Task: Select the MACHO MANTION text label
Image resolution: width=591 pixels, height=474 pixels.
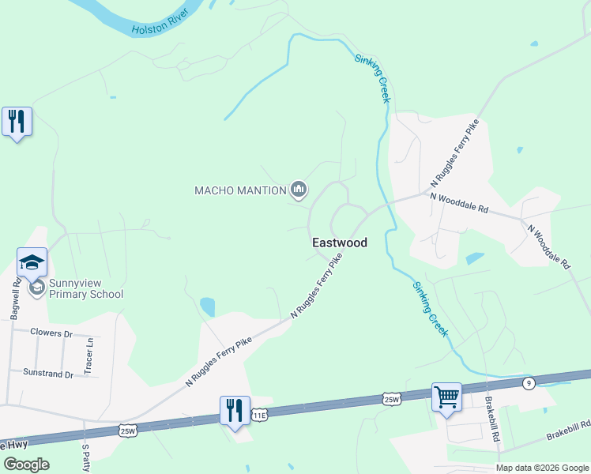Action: pyautogui.click(x=240, y=190)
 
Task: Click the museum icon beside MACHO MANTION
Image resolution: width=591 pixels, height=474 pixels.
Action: pyautogui.click(x=299, y=190)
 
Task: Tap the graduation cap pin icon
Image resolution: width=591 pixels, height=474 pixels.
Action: pyautogui.click(x=32, y=263)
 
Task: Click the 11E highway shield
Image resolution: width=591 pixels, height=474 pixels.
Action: pyautogui.click(x=259, y=415)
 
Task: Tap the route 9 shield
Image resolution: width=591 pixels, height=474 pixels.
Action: pyautogui.click(x=529, y=383)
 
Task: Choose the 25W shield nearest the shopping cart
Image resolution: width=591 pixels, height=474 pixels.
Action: pyautogui.click(x=392, y=399)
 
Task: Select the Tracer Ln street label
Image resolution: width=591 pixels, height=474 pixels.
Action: pyautogui.click(x=89, y=355)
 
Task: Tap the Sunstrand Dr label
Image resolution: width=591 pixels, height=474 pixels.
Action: pyautogui.click(x=48, y=372)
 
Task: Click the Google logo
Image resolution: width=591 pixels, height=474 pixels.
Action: pyautogui.click(x=26, y=465)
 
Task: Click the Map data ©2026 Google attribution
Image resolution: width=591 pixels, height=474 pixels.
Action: pyautogui.click(x=542, y=468)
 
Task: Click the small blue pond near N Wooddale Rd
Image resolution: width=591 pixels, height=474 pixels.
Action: pyautogui.click(x=475, y=258)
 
